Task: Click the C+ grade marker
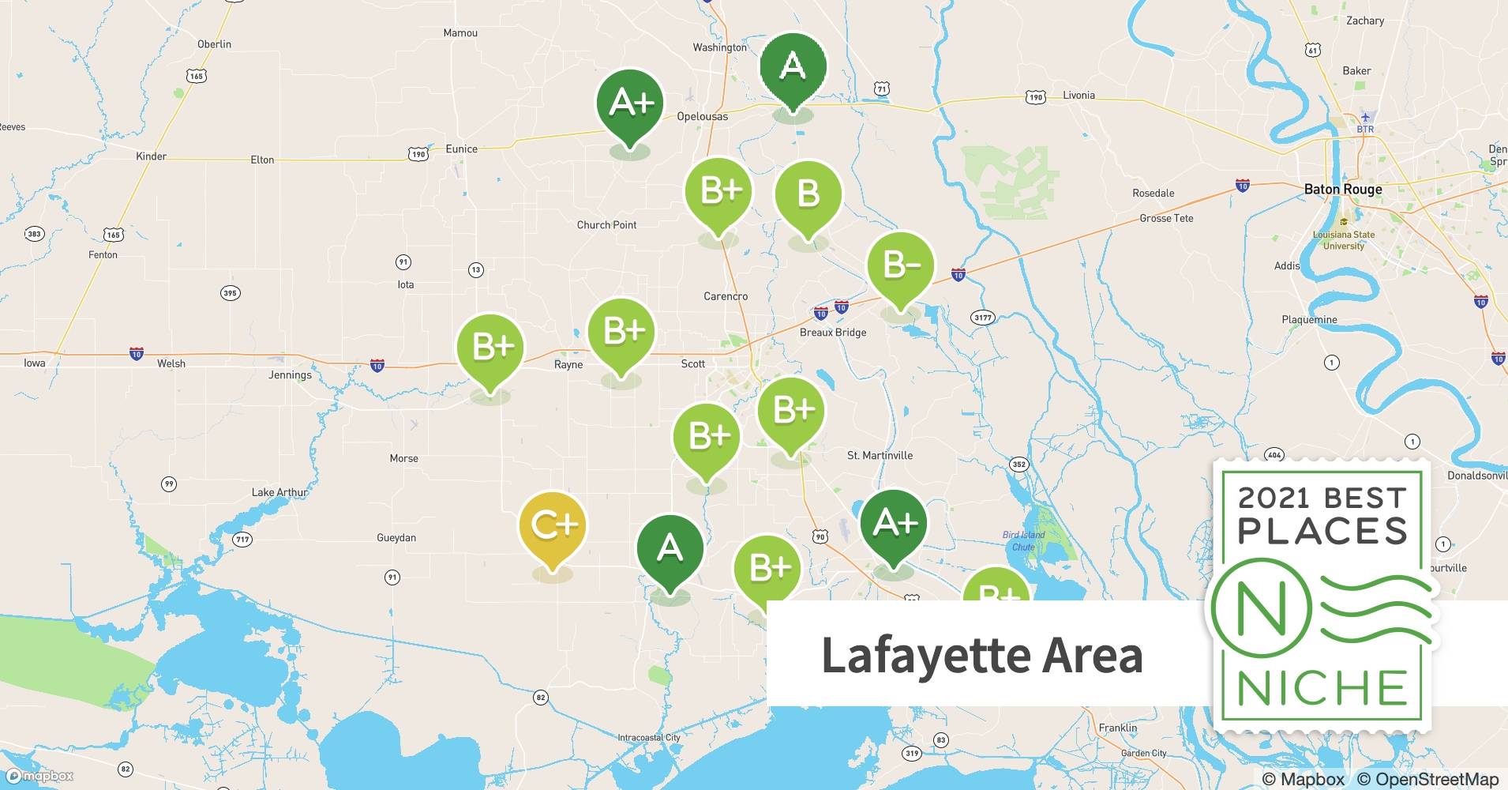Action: pos(553,525)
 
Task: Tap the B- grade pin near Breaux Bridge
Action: pos(900,265)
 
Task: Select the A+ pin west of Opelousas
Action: pos(629,103)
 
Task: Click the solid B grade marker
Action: pos(808,194)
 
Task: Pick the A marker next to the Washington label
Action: pos(793,66)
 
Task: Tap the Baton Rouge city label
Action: pos(1342,190)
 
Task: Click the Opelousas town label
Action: pos(702,116)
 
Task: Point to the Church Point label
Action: pos(606,225)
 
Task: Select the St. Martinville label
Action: pos(880,456)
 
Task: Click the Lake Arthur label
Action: pos(279,492)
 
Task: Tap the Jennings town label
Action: pos(290,375)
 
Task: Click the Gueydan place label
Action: pos(396,538)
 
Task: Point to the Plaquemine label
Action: pos(1309,320)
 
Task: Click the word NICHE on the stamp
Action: pos(1322,689)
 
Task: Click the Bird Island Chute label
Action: pos(1023,541)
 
